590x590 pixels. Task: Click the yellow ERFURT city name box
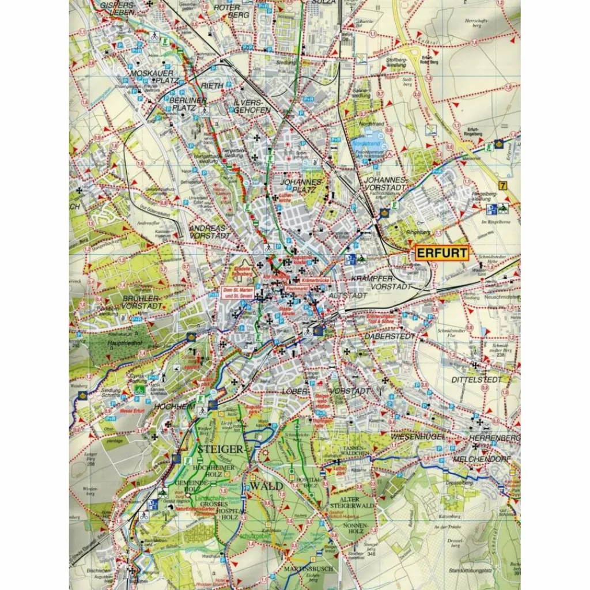tap(441, 253)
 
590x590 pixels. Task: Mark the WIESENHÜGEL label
tap(418, 437)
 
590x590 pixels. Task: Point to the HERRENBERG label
tap(495, 438)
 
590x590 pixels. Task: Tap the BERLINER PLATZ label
tap(188, 104)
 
